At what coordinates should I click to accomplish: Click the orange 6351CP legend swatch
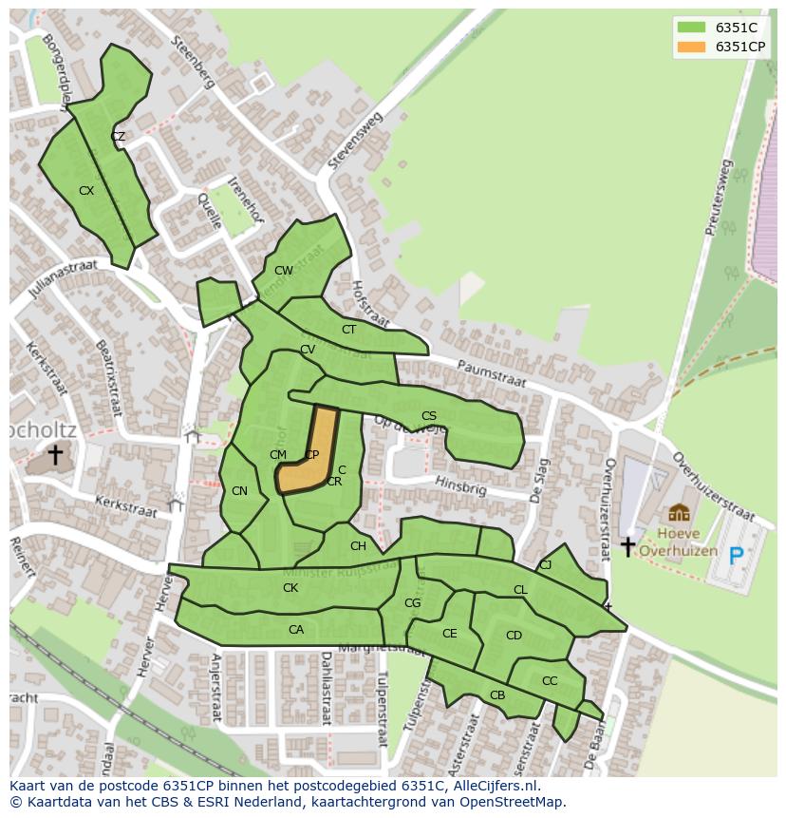coord(692,47)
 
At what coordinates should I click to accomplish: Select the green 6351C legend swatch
coord(692,28)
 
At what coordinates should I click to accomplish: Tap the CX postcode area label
coord(86,191)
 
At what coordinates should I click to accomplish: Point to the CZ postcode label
coord(118,137)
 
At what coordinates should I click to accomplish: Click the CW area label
coord(284,271)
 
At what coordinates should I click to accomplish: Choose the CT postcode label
coord(348,330)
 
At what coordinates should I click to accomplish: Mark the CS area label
coord(429,416)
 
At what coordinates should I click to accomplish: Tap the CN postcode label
coord(239,491)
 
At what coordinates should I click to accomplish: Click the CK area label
coord(290,588)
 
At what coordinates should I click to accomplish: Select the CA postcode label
coord(296,630)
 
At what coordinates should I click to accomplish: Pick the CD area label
coord(514,636)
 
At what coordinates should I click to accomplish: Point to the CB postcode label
coord(497,695)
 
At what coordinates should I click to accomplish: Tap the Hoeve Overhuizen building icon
coord(679,514)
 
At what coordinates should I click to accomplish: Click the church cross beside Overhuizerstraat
coord(627,546)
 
